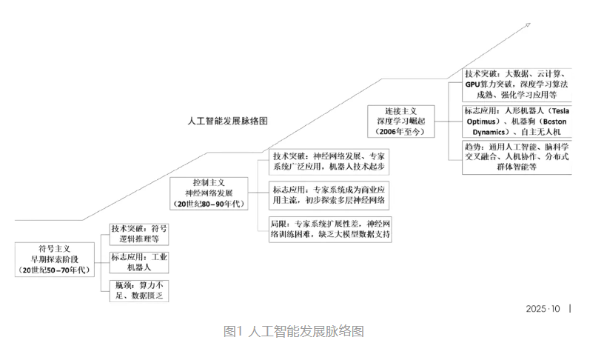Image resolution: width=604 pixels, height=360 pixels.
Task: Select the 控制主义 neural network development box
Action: [209, 192]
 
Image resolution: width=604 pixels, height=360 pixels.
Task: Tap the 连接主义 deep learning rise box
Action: [404, 121]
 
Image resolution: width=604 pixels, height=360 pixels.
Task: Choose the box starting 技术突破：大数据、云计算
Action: [517, 84]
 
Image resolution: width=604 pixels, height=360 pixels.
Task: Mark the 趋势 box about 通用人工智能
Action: [517, 156]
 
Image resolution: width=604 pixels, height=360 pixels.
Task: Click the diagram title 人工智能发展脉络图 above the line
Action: [227, 119]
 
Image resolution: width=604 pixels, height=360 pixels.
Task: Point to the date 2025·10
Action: [543, 309]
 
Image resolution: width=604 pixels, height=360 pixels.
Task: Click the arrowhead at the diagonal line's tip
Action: [527, 24]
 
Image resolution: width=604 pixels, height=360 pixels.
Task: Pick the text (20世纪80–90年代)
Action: [209, 204]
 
